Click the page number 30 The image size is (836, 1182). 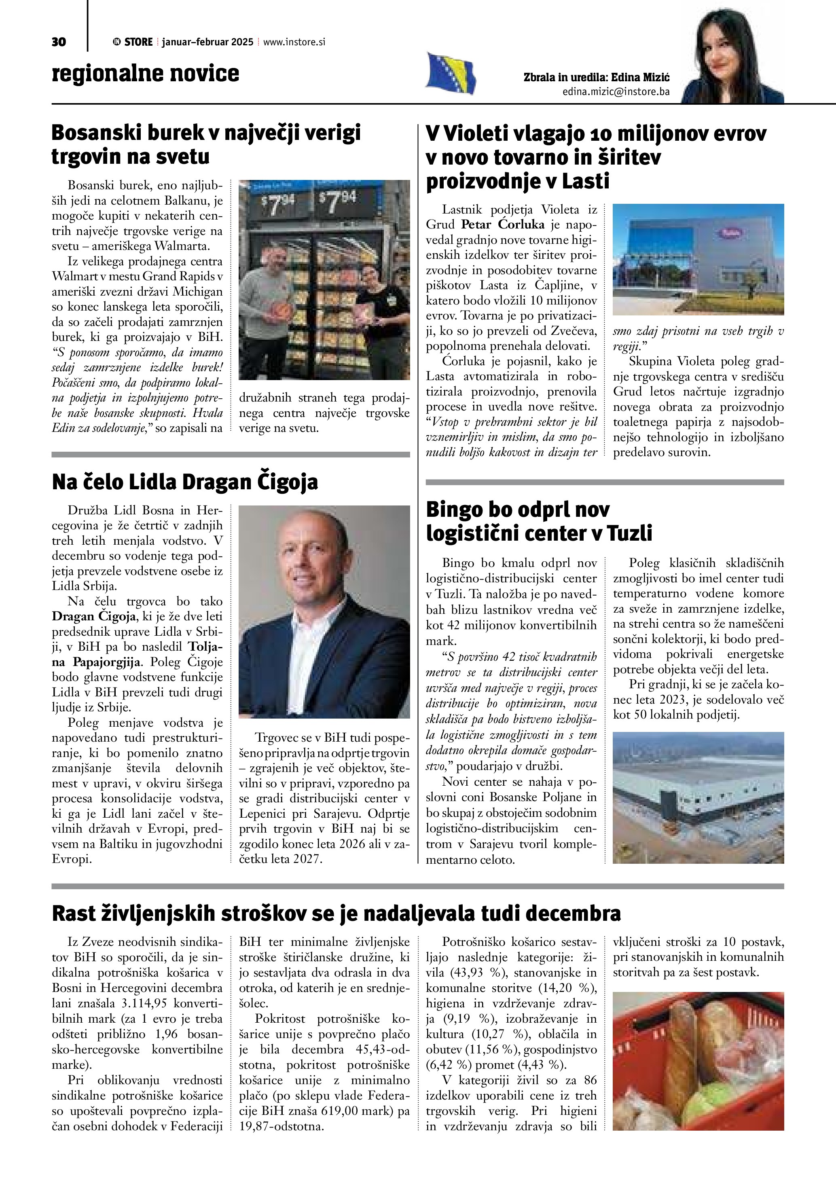coord(59,42)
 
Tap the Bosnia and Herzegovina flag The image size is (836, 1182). coord(451,73)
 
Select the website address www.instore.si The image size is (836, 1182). coord(294,42)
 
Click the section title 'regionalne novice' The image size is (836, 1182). coord(146,73)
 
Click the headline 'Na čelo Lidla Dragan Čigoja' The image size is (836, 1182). coord(185,482)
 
